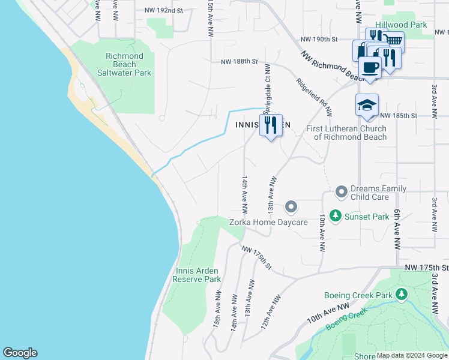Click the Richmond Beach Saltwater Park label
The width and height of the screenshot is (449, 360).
click(x=124, y=64)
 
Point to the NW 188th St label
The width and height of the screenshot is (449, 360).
click(x=239, y=61)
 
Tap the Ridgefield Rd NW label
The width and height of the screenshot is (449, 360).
click(x=313, y=95)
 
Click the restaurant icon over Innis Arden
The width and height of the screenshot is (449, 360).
click(x=271, y=125)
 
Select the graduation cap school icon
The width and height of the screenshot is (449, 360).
click(x=367, y=105)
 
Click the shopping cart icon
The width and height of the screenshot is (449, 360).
click(x=393, y=41)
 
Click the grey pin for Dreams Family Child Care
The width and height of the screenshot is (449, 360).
click(x=342, y=192)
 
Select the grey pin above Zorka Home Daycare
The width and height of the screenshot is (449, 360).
click(x=291, y=207)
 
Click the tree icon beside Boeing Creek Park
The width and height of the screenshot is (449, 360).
click(x=402, y=295)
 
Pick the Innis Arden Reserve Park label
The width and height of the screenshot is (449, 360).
click(x=197, y=275)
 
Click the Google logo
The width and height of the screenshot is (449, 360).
click(x=20, y=353)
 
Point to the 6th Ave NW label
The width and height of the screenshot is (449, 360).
click(x=397, y=230)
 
